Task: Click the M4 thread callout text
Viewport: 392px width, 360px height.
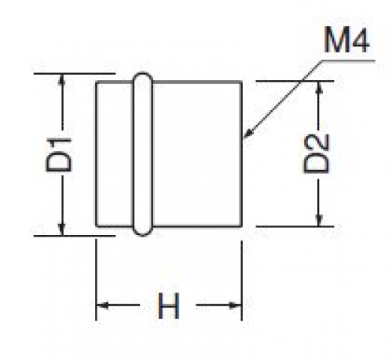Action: (x=346, y=40)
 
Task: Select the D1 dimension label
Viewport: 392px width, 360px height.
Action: (x=58, y=154)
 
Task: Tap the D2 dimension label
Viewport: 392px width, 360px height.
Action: (x=316, y=154)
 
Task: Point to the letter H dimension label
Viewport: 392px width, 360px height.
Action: (x=169, y=306)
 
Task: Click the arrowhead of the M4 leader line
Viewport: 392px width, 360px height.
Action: (x=247, y=134)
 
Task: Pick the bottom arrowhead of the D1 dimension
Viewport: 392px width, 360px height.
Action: (x=61, y=230)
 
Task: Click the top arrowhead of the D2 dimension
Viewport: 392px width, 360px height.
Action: (x=318, y=87)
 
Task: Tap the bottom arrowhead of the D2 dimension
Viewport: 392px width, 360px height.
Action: (x=318, y=220)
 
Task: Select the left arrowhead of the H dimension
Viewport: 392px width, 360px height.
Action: (x=102, y=305)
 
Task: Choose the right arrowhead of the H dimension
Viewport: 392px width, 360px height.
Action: (x=235, y=305)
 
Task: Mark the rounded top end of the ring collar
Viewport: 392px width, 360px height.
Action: (x=143, y=73)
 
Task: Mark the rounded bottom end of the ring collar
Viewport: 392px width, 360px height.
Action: (x=143, y=235)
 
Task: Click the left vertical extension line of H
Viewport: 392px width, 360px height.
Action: (x=97, y=279)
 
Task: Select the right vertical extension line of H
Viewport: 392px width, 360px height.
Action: (x=241, y=281)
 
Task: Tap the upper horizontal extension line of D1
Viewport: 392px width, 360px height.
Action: (x=75, y=74)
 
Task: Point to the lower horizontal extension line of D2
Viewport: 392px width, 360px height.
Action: (x=295, y=226)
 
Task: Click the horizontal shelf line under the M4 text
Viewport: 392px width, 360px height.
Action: (x=348, y=61)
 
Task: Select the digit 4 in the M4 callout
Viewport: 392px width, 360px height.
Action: (x=360, y=41)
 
